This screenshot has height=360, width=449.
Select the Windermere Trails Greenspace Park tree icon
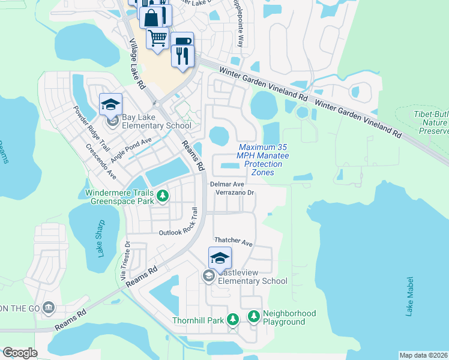click(161, 195)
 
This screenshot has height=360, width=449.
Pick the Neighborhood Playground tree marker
click(254, 316)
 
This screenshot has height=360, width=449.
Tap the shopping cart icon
click(157, 38)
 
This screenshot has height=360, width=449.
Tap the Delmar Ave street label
click(227, 184)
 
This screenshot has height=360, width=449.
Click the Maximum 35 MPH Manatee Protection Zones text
click(262, 160)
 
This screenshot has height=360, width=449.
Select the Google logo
click(19, 353)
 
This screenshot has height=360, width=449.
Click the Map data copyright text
click(423, 355)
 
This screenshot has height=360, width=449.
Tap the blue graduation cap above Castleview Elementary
click(220, 258)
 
